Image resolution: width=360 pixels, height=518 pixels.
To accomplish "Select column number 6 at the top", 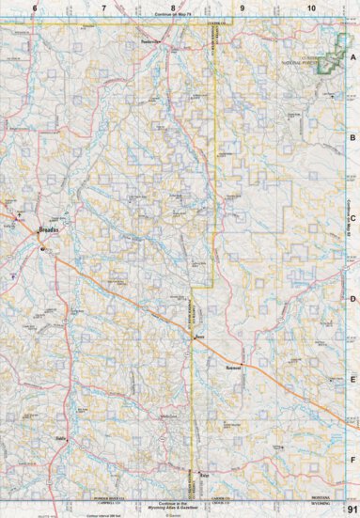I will coord(35,8).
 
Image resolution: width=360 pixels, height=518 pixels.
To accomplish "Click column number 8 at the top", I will coord(172,8).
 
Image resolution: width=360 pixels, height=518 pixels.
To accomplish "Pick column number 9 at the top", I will coord(242,8).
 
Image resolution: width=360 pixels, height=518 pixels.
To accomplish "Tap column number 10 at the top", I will coord(310,8).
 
